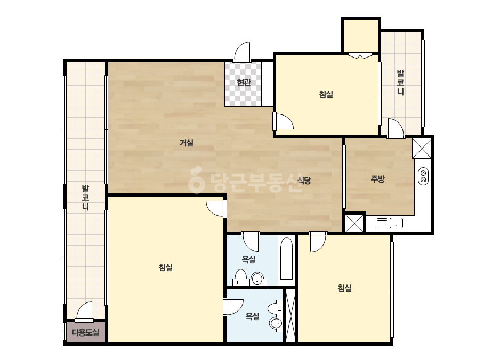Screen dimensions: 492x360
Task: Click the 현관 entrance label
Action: [x=244, y=83]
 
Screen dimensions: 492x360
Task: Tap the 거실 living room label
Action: [x=187, y=143]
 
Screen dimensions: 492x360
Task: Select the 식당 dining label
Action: [x=304, y=181]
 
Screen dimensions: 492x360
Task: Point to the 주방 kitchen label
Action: [x=377, y=179]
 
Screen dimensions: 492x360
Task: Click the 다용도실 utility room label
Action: [x=86, y=332]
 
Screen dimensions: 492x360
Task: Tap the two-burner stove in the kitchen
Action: [x=423, y=176]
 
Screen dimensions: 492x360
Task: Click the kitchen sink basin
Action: [x=396, y=223]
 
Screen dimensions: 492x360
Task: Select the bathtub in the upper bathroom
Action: [x=286, y=259]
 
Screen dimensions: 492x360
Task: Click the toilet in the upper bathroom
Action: [x=241, y=277]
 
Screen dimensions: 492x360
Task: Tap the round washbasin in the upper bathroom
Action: [x=257, y=278]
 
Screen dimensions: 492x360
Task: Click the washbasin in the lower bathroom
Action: [x=276, y=324]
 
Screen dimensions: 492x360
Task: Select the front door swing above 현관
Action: [x=242, y=52]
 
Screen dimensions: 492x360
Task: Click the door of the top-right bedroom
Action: [x=283, y=121]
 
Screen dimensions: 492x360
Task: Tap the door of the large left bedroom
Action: [x=216, y=208]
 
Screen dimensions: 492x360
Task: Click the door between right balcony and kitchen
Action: [x=396, y=128]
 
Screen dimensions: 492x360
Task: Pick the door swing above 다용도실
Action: [x=84, y=312]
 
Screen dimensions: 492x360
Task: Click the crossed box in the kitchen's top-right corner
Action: [x=422, y=148]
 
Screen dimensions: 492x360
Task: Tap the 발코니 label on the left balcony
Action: [x=85, y=198]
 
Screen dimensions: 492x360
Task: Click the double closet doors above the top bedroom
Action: [x=360, y=56]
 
